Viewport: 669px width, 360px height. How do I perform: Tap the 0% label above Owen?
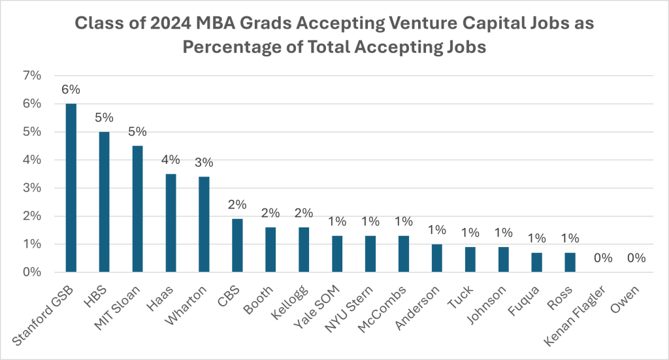tap(635, 258)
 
